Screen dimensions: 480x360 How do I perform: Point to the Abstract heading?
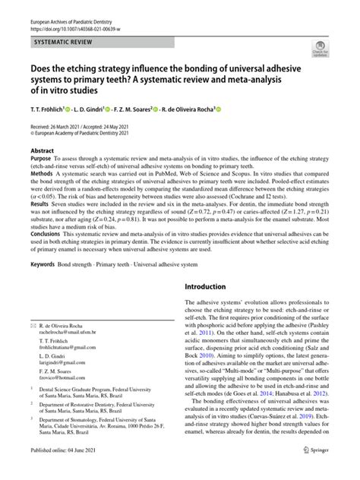pos(41,151)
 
